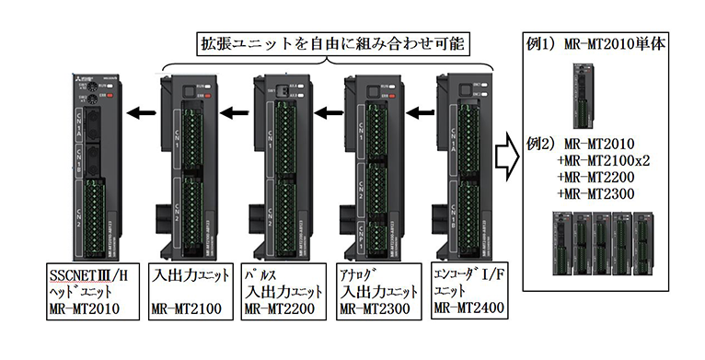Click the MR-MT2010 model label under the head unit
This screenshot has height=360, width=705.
click(x=87, y=305)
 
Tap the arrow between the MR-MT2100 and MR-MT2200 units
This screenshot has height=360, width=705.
click(x=235, y=113)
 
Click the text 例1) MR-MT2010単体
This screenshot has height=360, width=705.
click(x=607, y=43)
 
